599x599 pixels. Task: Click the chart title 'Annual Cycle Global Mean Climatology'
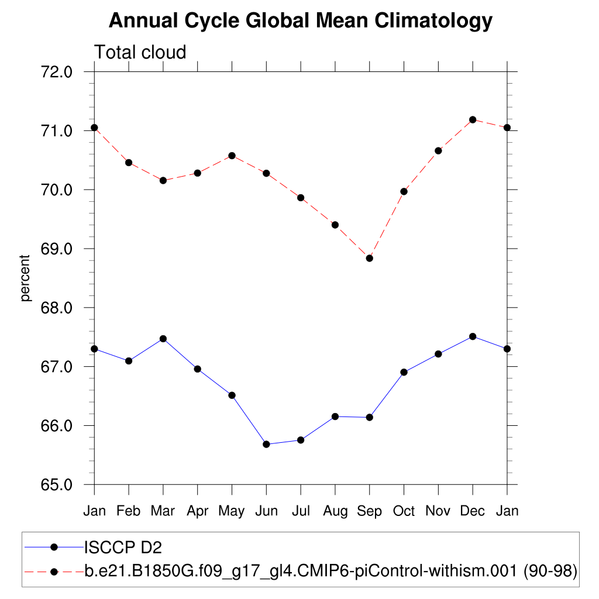coord(301,21)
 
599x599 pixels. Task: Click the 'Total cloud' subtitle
coord(140,53)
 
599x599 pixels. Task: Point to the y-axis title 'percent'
coord(25,278)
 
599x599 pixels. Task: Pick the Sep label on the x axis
coord(369,511)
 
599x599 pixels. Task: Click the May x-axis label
coord(232,511)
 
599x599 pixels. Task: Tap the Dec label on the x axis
coord(473,511)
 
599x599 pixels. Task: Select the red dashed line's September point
coord(369,259)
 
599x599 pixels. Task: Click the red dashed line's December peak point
coord(473,120)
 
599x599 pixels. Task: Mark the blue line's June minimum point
coord(266,445)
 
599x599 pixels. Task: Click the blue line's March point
coord(163,339)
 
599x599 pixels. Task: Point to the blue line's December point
coord(473,336)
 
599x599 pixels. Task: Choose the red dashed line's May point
coord(232,156)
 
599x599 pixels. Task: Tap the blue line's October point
coord(404,372)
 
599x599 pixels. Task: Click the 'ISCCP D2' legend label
coord(123,548)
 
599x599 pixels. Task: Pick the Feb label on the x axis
coord(129,511)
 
